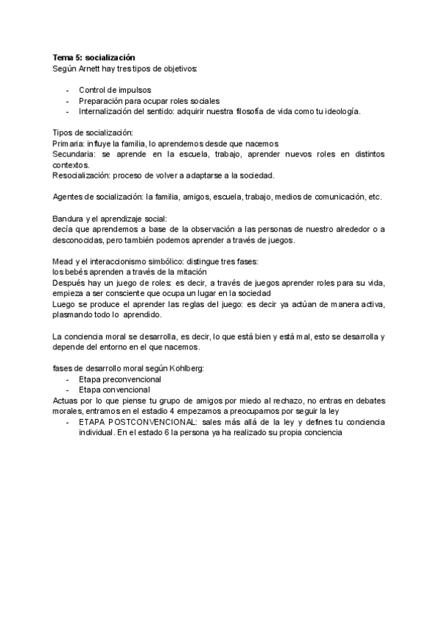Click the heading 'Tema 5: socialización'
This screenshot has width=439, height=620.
(94, 56)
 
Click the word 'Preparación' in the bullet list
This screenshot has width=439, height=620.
(102, 100)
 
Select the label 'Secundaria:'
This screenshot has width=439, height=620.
(76, 155)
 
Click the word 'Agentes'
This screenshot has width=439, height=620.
(69, 197)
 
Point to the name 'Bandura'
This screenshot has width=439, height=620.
(69, 219)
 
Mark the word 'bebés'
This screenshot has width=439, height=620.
(78, 272)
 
